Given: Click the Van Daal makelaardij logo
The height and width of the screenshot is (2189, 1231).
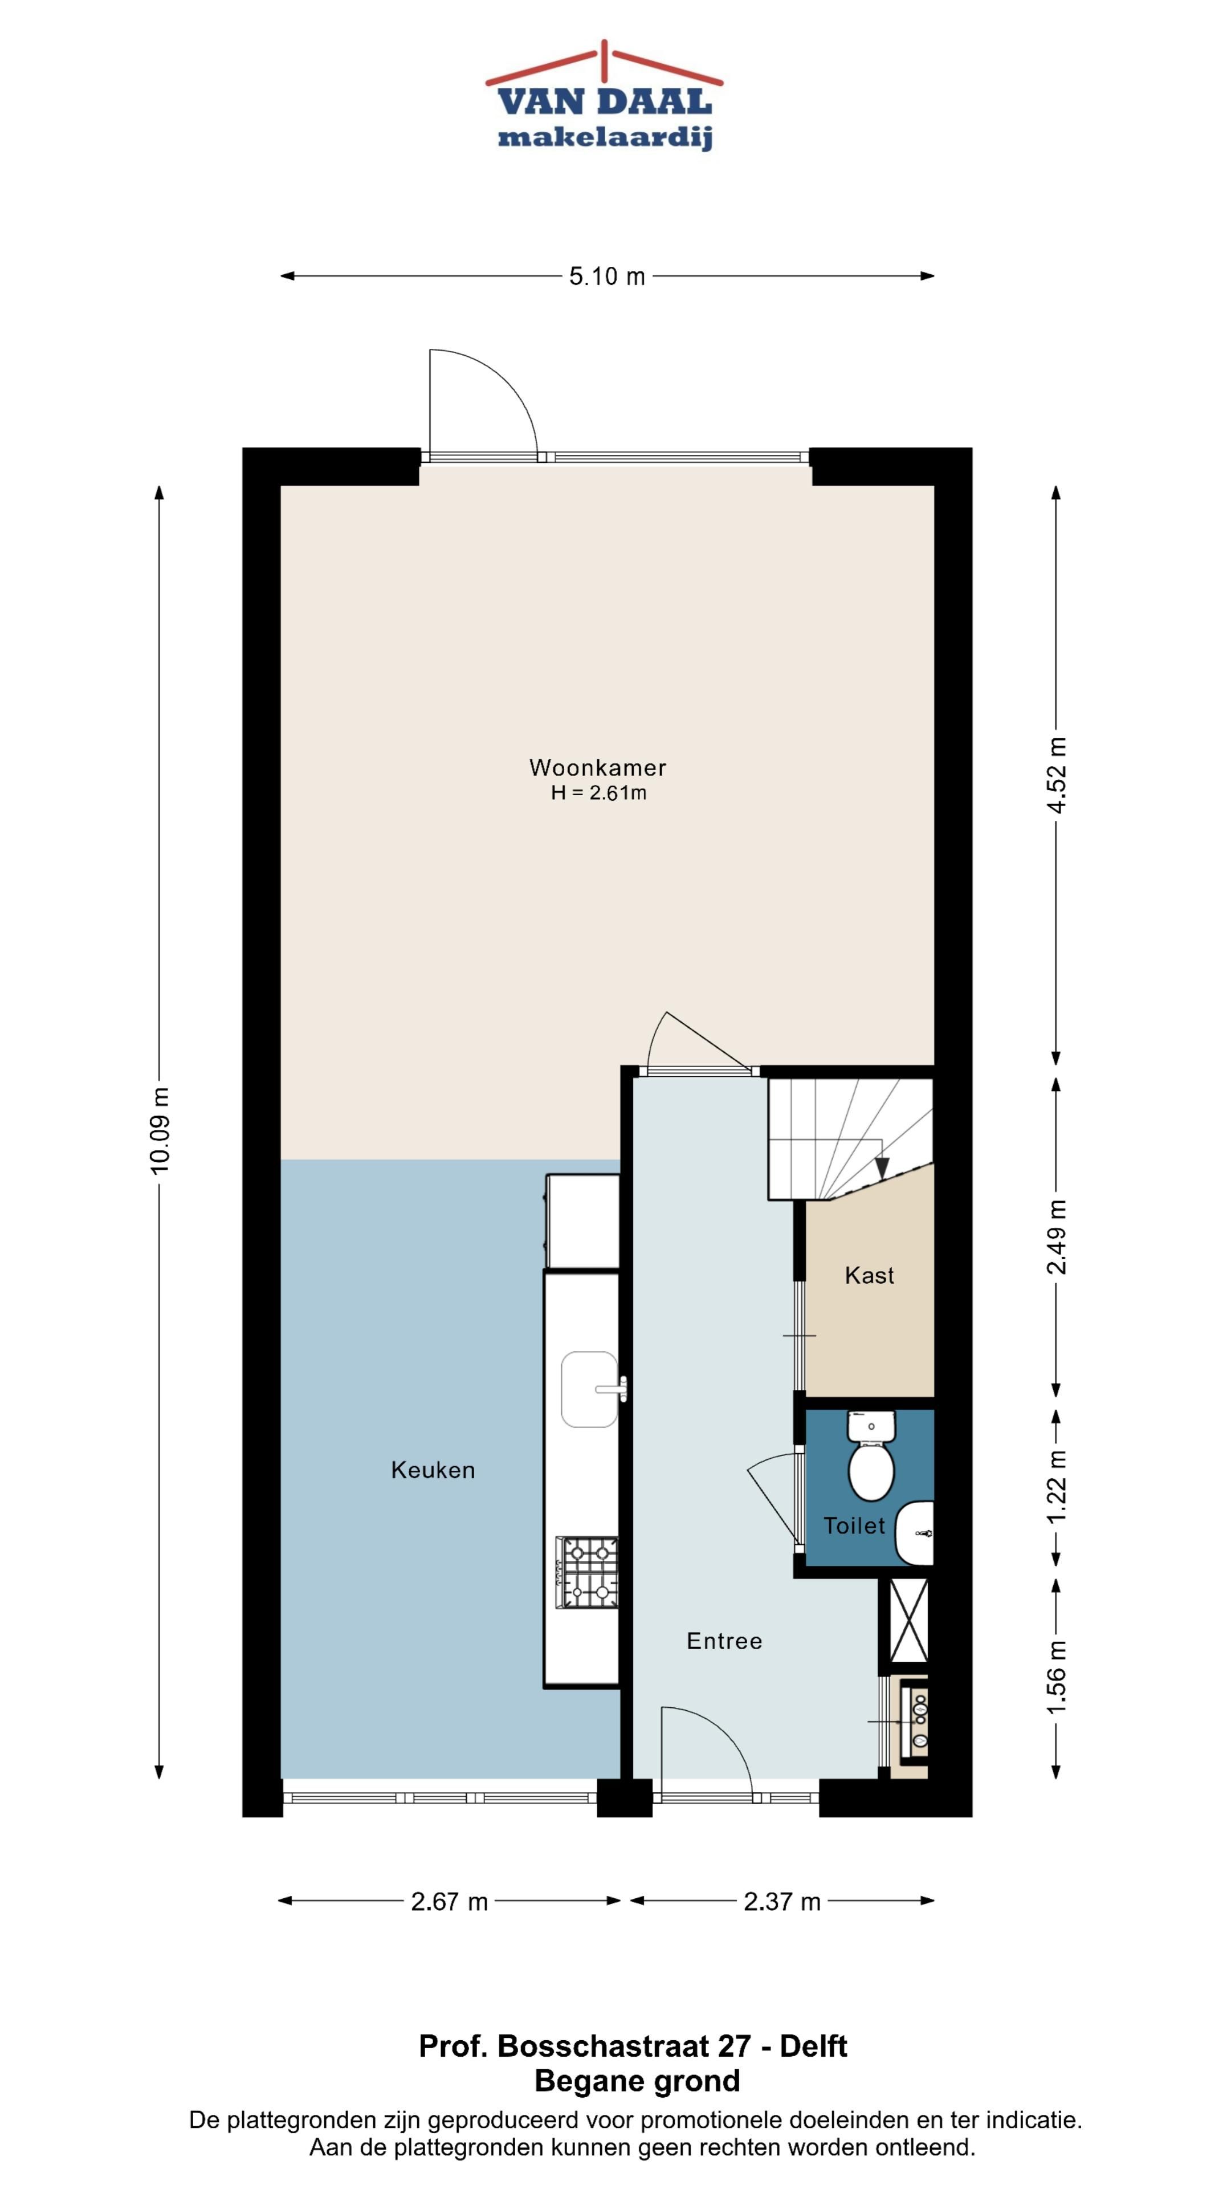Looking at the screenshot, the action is (604, 96).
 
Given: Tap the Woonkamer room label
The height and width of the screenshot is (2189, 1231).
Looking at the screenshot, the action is (597, 767).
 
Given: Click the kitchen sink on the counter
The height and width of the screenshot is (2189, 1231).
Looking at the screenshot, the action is (590, 1389).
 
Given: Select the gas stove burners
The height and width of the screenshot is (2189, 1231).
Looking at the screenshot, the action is (587, 1572).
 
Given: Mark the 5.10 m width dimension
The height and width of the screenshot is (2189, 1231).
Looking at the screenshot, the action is (606, 276).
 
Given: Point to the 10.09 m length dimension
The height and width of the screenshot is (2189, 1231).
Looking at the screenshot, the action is (159, 1130).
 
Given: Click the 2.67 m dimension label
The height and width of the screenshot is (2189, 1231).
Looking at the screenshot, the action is (450, 1902).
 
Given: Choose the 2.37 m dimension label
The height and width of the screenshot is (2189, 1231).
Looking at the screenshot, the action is (781, 1902).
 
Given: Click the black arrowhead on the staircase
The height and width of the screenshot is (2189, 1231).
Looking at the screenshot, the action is (882, 1169).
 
